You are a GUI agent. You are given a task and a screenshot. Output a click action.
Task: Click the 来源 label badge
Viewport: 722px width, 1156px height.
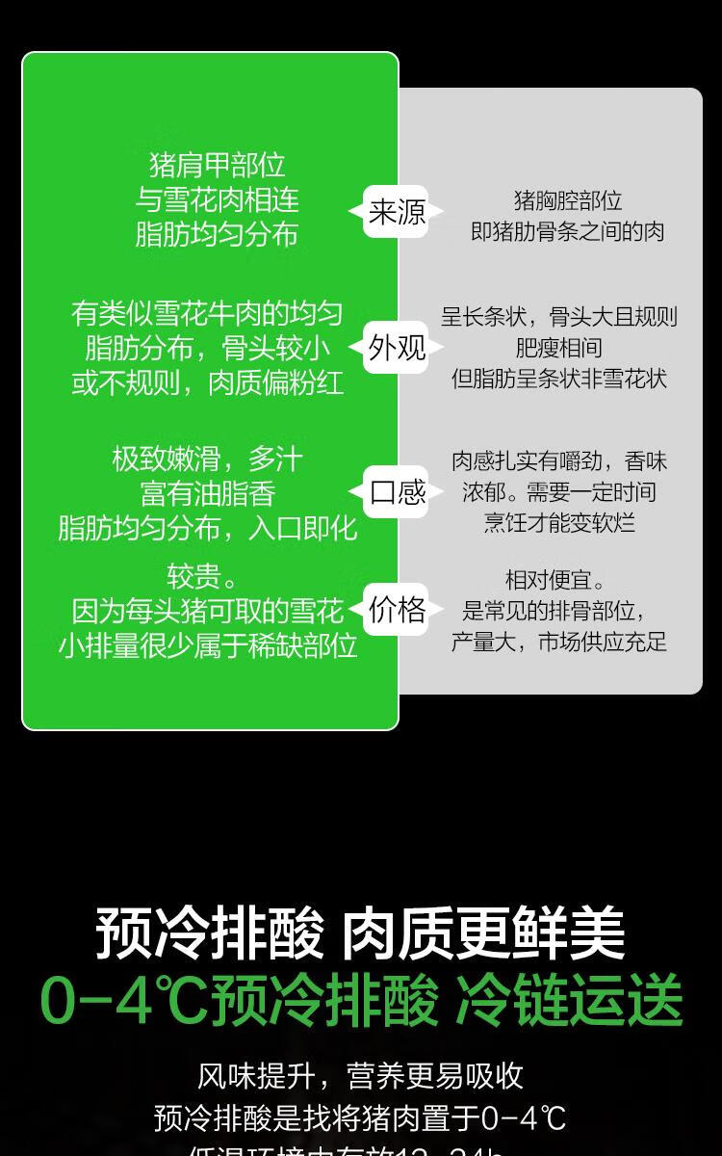[x=397, y=212]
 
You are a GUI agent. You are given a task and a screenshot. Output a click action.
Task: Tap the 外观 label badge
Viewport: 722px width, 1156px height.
[x=397, y=348]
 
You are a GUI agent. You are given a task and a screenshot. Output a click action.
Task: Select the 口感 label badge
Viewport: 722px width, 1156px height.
[x=397, y=492]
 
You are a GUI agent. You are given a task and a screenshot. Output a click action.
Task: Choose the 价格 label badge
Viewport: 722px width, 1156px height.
[x=397, y=610]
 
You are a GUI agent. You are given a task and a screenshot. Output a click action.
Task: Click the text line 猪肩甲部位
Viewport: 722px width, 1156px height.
[x=218, y=166]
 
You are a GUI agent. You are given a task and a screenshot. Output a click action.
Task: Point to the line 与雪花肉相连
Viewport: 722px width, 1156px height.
[x=218, y=200]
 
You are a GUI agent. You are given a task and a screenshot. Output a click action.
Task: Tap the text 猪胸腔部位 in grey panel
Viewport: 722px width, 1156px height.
[x=568, y=200]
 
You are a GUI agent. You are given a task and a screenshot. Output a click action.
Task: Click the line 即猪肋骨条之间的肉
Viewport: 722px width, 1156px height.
[x=568, y=231]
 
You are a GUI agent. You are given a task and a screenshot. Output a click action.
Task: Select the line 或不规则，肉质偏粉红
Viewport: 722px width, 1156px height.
[x=208, y=383]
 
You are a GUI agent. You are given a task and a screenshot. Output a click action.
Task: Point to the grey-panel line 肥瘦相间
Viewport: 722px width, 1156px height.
[x=559, y=348]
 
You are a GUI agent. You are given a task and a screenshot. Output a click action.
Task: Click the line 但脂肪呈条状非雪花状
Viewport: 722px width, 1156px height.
[x=559, y=379]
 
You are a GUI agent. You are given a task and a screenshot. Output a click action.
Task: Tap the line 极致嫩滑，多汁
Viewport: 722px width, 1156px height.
[x=208, y=459]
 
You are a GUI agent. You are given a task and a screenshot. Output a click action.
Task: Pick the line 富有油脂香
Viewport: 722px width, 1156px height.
[x=208, y=494]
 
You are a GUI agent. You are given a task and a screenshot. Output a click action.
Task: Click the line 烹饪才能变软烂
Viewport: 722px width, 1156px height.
[x=559, y=523]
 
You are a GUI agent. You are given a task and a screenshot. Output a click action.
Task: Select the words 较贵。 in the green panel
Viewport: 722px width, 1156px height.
[x=202, y=577]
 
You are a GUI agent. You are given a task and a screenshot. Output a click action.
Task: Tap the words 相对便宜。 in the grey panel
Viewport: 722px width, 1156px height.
[x=555, y=580]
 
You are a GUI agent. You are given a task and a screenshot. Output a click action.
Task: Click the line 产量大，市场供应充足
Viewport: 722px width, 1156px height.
[x=559, y=642]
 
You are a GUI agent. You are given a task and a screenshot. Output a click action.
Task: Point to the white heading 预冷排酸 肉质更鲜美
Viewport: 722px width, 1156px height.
[x=360, y=933]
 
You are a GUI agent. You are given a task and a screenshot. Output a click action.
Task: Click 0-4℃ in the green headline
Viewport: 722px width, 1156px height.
[x=123, y=1002]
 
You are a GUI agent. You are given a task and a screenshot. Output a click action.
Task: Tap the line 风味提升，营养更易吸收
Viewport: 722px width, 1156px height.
[x=360, y=1076]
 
